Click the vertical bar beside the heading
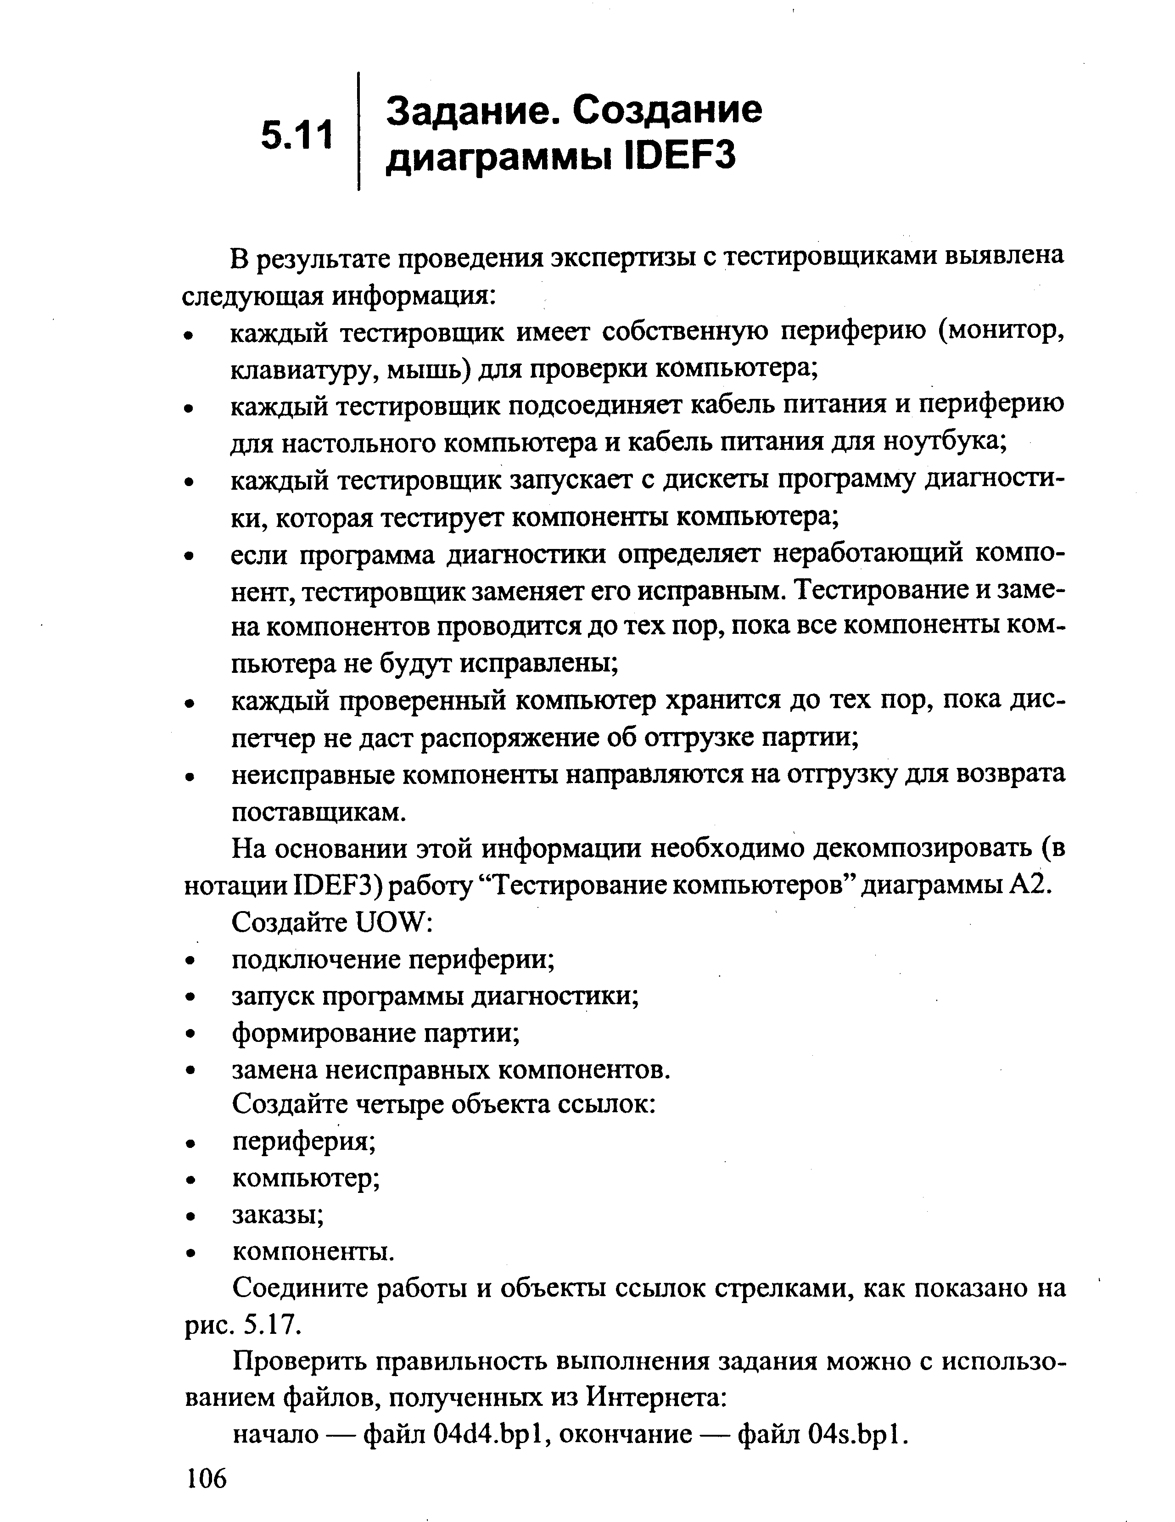tap(358, 131)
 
